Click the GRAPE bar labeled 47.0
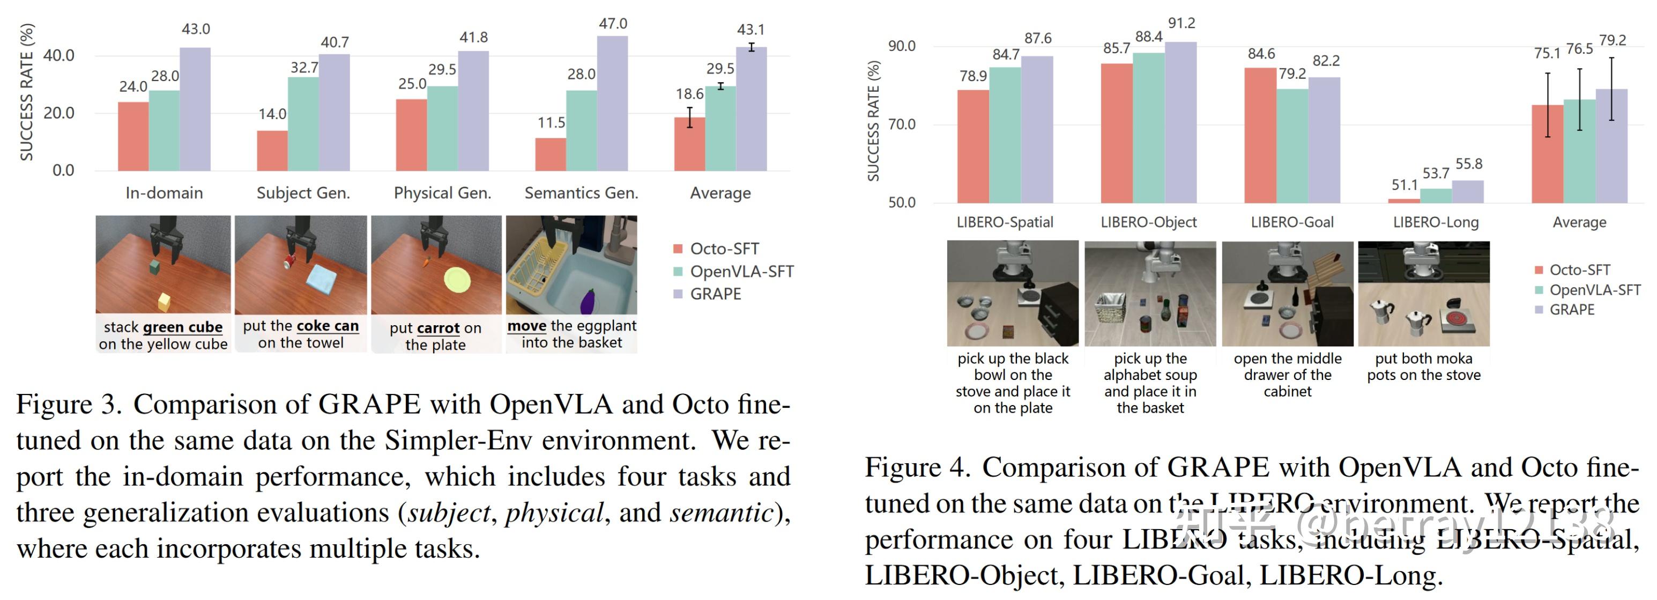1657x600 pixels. pos(612,103)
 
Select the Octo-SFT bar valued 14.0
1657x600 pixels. pos(272,151)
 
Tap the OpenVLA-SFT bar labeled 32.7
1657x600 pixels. pos(303,123)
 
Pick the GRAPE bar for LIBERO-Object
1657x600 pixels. pos(1180,122)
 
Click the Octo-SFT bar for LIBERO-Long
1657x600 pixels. pos(1403,201)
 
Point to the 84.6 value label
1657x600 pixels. pos(1261,54)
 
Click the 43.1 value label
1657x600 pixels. pos(751,30)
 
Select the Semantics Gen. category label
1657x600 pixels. pos(581,193)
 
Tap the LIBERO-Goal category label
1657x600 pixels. pos(1291,222)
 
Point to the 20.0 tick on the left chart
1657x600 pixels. pos(58,113)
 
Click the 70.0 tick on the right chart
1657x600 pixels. pos(901,125)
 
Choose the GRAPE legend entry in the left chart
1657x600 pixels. pos(715,294)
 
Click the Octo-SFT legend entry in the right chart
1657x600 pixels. pos(1579,270)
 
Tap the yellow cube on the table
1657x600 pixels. pos(164,301)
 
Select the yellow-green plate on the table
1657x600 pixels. pos(457,280)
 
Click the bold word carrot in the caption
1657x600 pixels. pos(438,328)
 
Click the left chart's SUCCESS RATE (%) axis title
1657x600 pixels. pos(26,92)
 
